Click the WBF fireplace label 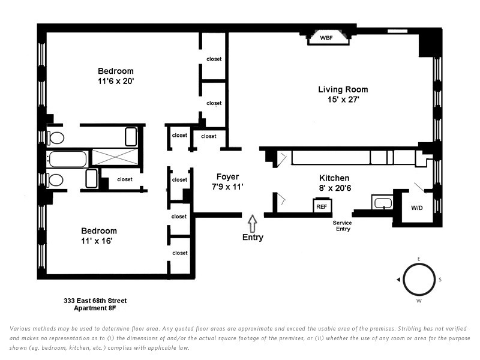[326, 38]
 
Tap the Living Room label [343, 89]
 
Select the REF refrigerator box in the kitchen [322, 205]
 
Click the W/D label [416, 208]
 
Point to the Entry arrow [252, 223]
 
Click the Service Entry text [343, 226]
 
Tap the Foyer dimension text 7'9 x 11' [227, 187]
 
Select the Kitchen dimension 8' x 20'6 [335, 188]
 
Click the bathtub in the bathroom [68, 159]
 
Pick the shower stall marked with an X [115, 157]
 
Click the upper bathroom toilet [55, 138]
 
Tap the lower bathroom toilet [55, 180]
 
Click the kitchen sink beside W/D [383, 203]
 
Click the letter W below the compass [419, 301]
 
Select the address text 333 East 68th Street [95, 301]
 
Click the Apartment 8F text [95, 308]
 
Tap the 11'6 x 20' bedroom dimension [116, 81]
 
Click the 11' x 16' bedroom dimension [97, 241]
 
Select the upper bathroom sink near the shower [131, 137]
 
